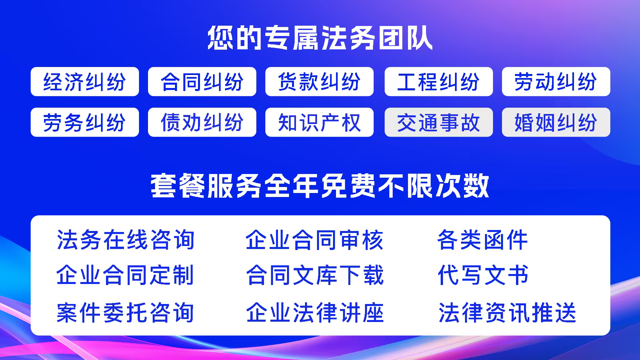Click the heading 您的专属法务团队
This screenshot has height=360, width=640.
(320, 38)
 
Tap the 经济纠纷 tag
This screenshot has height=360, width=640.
(85, 82)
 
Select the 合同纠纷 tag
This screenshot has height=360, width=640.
(202, 82)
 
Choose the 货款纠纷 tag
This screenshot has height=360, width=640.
(319, 82)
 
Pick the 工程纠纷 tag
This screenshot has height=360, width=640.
(439, 82)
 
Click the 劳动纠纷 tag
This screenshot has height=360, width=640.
(556, 82)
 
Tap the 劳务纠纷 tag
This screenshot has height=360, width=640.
(85, 122)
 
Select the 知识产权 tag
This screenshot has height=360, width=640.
(319, 122)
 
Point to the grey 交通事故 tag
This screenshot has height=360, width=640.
(439, 122)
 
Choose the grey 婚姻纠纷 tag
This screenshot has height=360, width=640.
(556, 122)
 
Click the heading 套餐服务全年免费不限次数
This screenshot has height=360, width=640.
(320, 186)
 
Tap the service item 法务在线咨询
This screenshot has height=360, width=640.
(125, 240)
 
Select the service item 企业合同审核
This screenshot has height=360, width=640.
(315, 240)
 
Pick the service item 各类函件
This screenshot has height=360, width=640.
(483, 240)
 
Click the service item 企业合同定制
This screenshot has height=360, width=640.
(125, 275)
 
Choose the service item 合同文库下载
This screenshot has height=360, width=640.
(315, 275)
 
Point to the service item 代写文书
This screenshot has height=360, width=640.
(483, 275)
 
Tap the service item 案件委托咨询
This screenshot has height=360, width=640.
(125, 313)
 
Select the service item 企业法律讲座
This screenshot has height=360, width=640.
(315, 313)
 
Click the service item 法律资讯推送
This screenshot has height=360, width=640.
(507, 313)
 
